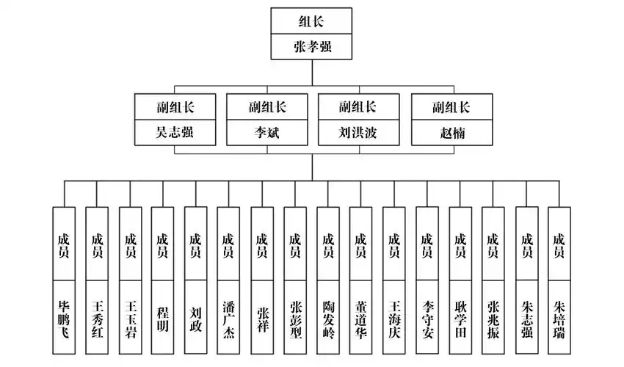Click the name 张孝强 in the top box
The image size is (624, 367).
click(x=313, y=48)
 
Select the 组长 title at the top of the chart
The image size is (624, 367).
click(x=313, y=21)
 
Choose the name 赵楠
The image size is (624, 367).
click(x=451, y=134)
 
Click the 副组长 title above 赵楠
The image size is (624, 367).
click(x=451, y=107)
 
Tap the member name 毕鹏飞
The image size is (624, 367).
click(x=64, y=317)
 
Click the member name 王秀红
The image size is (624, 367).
click(x=97, y=317)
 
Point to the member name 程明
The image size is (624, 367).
click(x=163, y=317)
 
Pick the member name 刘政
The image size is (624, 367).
click(x=195, y=317)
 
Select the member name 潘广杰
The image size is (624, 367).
click(x=228, y=317)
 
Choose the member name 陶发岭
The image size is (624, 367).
click(x=328, y=317)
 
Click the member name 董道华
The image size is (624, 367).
click(x=360, y=317)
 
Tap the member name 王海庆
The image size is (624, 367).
click(x=393, y=317)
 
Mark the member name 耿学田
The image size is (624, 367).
click(x=460, y=317)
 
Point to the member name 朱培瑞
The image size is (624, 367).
click(x=559, y=317)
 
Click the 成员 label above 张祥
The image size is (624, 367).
click(x=262, y=244)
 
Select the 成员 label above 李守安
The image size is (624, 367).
click(x=427, y=244)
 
